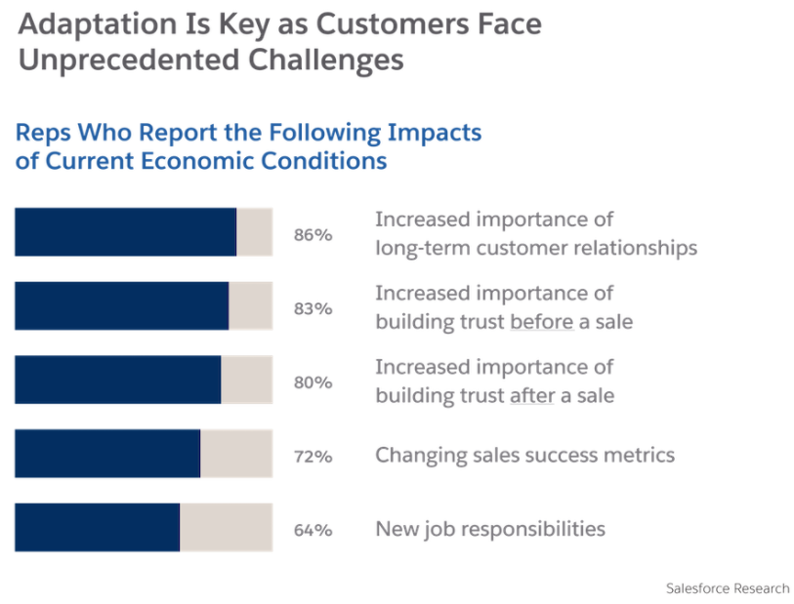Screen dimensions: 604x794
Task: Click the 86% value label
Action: click(313, 235)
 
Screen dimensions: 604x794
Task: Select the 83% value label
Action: click(313, 309)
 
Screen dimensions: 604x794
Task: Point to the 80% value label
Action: click(313, 383)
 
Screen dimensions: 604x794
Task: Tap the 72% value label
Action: click(313, 457)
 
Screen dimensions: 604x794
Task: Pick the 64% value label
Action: click(313, 531)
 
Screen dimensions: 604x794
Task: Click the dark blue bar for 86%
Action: click(125, 232)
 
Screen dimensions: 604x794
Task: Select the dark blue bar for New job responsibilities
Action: click(97, 528)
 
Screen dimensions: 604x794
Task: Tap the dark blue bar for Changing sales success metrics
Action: click(107, 454)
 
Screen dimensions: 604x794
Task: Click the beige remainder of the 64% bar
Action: click(226, 528)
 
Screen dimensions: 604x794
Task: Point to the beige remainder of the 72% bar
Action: click(235, 454)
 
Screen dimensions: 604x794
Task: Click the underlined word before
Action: click(541, 321)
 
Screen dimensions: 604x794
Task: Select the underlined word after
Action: click(531, 395)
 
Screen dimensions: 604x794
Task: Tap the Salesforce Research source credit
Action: click(727, 588)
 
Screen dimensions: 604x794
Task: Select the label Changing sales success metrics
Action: click(524, 455)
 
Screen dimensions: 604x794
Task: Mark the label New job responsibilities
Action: click(490, 529)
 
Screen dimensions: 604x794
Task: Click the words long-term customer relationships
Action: click(536, 247)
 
